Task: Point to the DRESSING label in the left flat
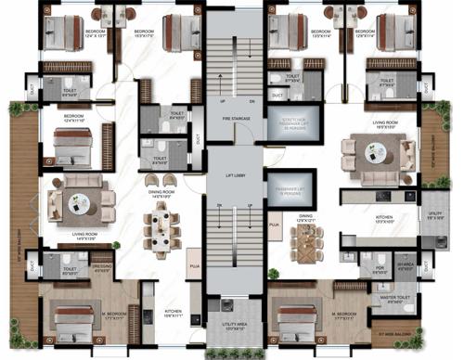pos(104,269)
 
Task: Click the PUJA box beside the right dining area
pos(275,225)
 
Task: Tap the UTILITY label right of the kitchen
pos(432,215)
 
